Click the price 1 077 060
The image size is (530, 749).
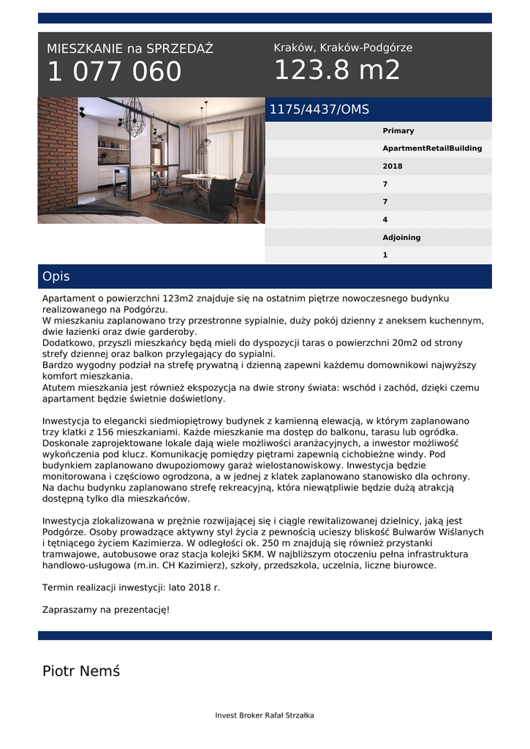pyautogui.click(x=115, y=72)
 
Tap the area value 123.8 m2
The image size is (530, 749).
pyautogui.click(x=337, y=70)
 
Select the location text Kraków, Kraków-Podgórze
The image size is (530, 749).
pyautogui.click(x=343, y=48)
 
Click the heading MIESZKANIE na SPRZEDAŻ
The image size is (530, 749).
pyautogui.click(x=130, y=49)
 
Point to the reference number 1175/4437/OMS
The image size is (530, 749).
pyautogui.click(x=319, y=110)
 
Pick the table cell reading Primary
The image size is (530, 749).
pyautogui.click(x=398, y=131)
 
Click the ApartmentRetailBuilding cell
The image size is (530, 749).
pyautogui.click(x=432, y=148)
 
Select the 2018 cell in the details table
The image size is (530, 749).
pyautogui.click(x=393, y=166)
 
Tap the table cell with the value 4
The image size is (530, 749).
pyautogui.click(x=385, y=219)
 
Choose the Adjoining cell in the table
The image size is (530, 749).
pyautogui.click(x=401, y=238)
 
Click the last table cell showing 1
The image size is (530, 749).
pyautogui.click(x=385, y=255)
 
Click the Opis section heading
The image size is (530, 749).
pyautogui.click(x=56, y=276)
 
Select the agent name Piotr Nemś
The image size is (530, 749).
pyautogui.click(x=81, y=671)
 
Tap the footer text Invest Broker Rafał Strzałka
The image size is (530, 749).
pyautogui.click(x=265, y=715)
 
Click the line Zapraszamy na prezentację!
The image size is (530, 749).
pyautogui.click(x=106, y=609)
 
